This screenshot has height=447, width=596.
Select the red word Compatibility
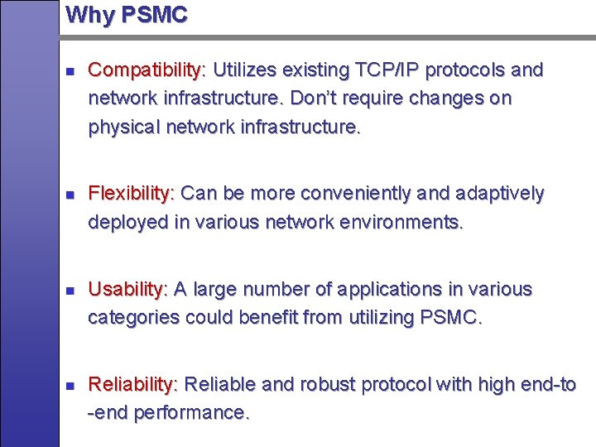coord(147,70)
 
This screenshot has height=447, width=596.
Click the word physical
coord(124,128)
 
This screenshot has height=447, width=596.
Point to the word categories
coord(133,317)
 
